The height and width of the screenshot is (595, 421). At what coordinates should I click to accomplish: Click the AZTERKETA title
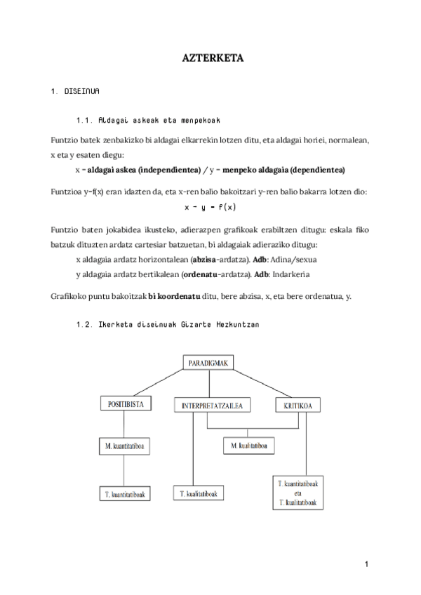coord(210,59)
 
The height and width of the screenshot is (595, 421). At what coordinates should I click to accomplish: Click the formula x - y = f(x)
coord(210,207)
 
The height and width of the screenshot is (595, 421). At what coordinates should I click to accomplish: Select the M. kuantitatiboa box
coord(125,446)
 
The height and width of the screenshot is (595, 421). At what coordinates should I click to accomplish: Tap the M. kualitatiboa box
coord(248,446)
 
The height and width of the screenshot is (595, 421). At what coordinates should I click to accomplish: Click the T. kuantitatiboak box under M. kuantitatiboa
coord(125,493)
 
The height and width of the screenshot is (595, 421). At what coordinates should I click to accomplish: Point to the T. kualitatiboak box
coord(199,493)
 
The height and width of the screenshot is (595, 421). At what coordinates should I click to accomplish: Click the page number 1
coord(366,563)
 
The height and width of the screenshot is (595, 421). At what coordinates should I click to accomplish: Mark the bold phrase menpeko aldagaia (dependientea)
coord(284,171)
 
